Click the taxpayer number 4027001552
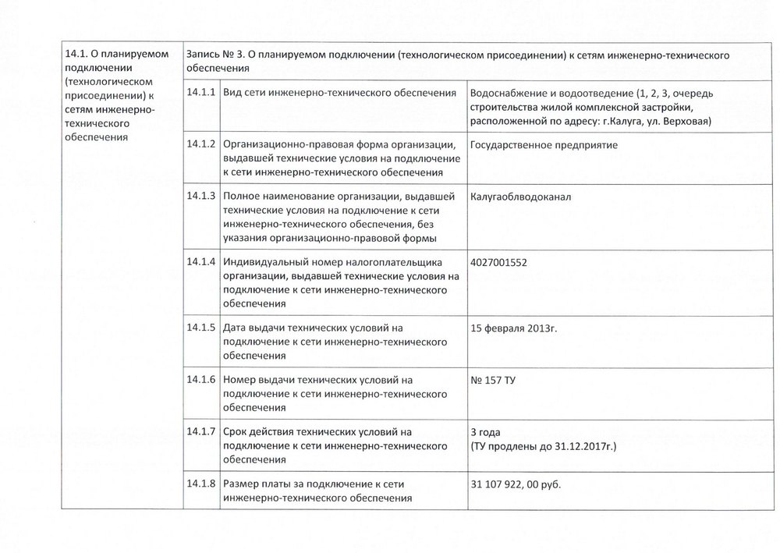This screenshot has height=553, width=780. click(x=499, y=262)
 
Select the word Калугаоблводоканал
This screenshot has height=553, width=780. click(x=521, y=197)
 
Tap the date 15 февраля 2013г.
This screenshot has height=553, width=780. click(x=514, y=328)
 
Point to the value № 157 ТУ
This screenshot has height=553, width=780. click(x=493, y=380)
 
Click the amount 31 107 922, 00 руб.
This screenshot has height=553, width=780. click(x=516, y=484)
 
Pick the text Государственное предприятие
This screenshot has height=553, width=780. click(x=544, y=146)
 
